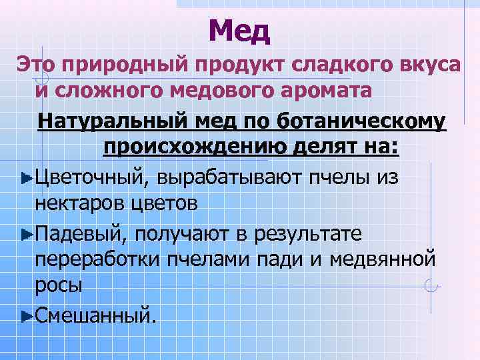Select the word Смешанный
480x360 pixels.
click(97, 313)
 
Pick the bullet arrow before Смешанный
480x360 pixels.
click(27, 314)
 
